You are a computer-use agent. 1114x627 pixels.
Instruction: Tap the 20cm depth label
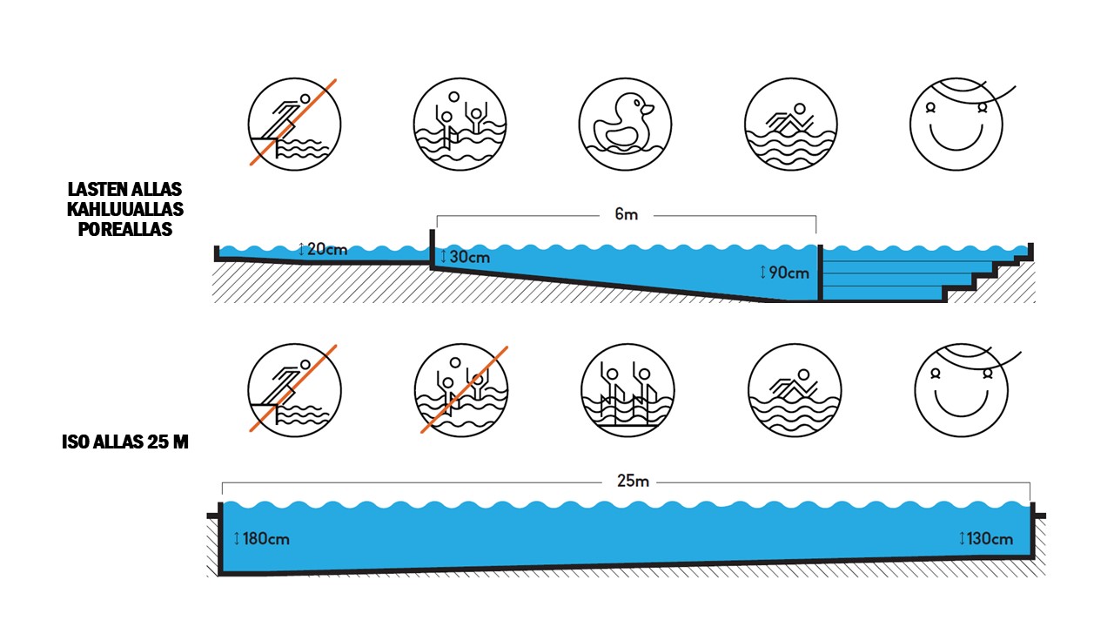pyautogui.click(x=323, y=250)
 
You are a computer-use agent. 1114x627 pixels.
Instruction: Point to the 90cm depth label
pyautogui.click(x=785, y=273)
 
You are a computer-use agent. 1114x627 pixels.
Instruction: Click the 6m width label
pyautogui.click(x=626, y=215)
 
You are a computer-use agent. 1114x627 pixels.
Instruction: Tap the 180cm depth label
pyautogui.click(x=261, y=538)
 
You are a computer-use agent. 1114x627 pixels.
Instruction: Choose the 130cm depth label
pyautogui.click(x=986, y=538)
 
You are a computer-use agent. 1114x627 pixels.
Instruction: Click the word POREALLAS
pyautogui.click(x=125, y=230)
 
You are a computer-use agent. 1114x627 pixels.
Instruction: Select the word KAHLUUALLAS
pyautogui.click(x=125, y=210)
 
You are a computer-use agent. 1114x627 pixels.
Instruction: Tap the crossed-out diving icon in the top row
pyautogui.click(x=294, y=124)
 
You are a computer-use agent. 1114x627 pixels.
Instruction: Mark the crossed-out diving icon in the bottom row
pyautogui.click(x=294, y=389)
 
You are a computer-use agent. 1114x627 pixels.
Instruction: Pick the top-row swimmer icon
pyautogui.click(x=791, y=124)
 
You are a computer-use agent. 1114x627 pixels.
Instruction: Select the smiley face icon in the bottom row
pyautogui.click(x=960, y=389)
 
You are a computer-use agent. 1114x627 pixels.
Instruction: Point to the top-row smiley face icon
pyautogui.click(x=956, y=124)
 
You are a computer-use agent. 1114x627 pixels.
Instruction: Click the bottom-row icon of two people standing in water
pyautogui.click(x=627, y=389)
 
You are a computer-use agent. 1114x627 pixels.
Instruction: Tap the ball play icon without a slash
pyautogui.click(x=459, y=124)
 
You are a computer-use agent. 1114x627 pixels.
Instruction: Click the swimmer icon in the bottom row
pyautogui.click(x=794, y=389)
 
